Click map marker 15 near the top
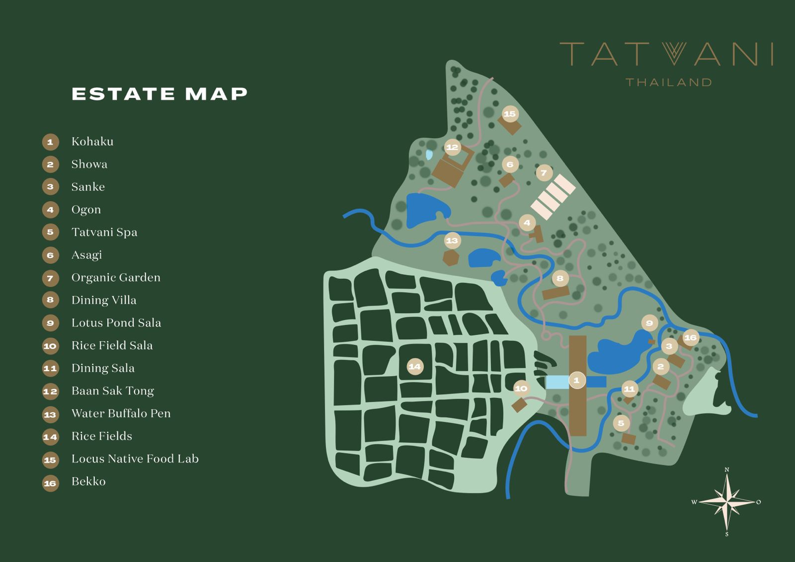pos(510,114)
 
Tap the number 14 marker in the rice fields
pos(414,367)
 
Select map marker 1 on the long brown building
pos(576,381)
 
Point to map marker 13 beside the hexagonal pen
pos(452,241)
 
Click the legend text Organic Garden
pos(116,277)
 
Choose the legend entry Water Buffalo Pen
pos(121,413)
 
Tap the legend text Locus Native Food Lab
pos(135,459)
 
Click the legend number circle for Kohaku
pos(50,142)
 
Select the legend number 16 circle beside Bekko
pos(50,483)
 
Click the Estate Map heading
pos(159,94)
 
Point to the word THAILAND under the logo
pos(668,82)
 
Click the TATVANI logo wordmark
pos(666,54)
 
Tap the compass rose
pos(726,502)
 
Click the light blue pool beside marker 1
pos(557,382)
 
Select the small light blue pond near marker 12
pos(429,155)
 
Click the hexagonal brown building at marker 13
pos(451,258)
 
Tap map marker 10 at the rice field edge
pos(521,389)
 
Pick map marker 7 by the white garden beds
pos(544,173)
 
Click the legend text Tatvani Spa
pos(104,232)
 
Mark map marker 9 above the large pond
pos(649,323)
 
